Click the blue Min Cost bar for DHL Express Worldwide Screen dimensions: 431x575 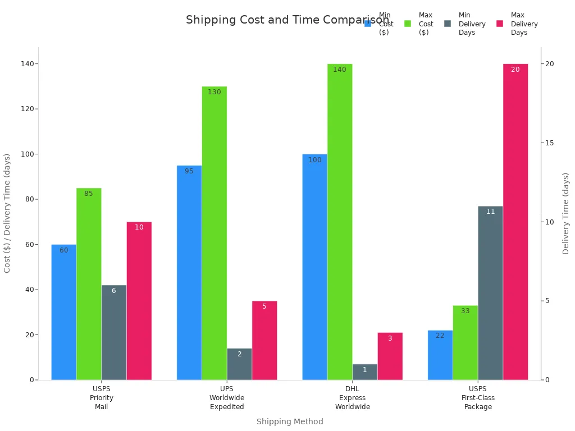tap(314, 267)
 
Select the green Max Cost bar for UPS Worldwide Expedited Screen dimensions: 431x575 tap(215, 233)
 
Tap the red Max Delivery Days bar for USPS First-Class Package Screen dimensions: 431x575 tap(515, 222)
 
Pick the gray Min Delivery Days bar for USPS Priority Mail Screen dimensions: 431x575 tap(114, 332)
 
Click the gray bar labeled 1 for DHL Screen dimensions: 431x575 tap(364, 372)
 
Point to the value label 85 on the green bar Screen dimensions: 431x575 tap(89, 194)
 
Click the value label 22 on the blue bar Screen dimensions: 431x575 tap(440, 336)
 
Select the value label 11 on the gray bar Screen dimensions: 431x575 tap(490, 212)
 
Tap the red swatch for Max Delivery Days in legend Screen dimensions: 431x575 tap(500, 24)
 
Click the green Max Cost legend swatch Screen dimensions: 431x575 tap(408, 24)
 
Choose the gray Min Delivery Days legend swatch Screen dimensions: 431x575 tap(448, 24)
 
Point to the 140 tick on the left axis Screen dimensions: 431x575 tap(26, 64)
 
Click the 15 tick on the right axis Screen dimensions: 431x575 tap(550, 143)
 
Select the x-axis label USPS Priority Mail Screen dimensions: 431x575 tap(102, 397)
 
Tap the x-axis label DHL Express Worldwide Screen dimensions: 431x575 tap(353, 397)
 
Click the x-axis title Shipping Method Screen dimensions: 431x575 tap(290, 421)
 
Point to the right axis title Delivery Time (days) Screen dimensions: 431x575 tap(566, 213)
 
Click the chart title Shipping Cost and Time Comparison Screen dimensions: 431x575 tap(287, 20)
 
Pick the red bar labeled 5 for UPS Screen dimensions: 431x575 tap(264, 340)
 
